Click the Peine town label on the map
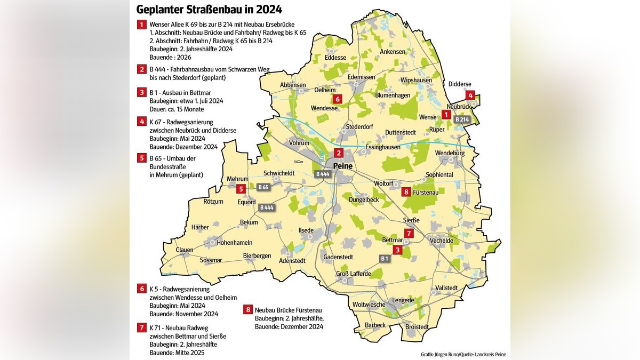point(343,166)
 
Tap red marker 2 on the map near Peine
point(338,153)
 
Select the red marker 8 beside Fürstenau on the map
point(406,191)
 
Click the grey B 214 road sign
point(462,119)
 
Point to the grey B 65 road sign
point(263,187)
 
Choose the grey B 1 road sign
point(385,259)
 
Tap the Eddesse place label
point(335,58)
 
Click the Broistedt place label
point(417,327)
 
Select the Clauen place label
point(185,250)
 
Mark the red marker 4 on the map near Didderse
point(470,95)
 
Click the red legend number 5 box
point(141,158)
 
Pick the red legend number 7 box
point(141,328)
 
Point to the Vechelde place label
point(441,241)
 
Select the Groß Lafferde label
point(353,274)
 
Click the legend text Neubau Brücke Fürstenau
point(288,310)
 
